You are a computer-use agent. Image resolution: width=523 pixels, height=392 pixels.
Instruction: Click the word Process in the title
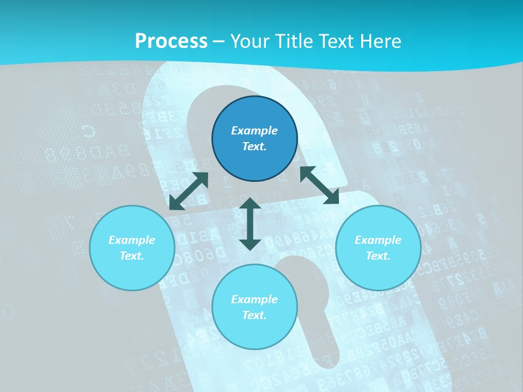171,41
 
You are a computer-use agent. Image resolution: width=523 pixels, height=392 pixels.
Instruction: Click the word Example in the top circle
254,131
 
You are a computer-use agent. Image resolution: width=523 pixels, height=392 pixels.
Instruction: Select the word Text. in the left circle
132,256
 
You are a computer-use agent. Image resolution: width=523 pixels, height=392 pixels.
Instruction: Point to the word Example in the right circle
378,240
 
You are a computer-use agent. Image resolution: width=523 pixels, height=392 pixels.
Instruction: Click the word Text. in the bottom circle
254,315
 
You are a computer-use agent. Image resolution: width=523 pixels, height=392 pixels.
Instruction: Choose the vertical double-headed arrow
250,224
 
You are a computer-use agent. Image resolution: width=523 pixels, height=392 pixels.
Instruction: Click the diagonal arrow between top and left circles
188,191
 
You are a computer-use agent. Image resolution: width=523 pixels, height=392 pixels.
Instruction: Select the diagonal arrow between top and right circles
319,185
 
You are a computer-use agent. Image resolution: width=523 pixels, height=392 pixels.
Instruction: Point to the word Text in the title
337,41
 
